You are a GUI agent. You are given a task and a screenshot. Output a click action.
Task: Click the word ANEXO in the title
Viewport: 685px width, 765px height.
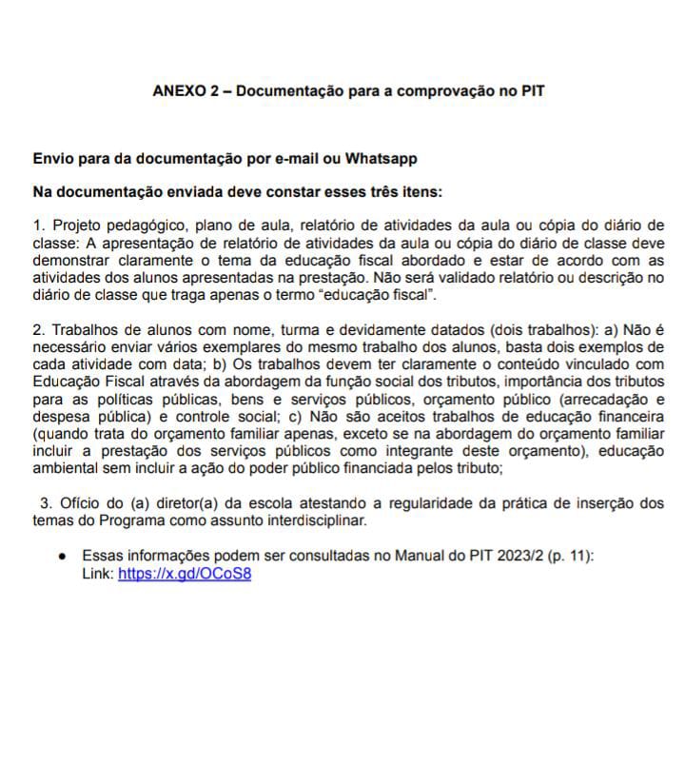[x=178, y=92]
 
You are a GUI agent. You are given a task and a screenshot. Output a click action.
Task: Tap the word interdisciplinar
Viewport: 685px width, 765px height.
[x=311, y=521]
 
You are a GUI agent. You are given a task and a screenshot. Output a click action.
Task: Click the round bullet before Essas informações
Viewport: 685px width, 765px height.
[x=62, y=556]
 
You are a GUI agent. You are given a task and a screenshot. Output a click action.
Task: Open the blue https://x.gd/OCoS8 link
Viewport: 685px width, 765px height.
[x=185, y=574]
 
